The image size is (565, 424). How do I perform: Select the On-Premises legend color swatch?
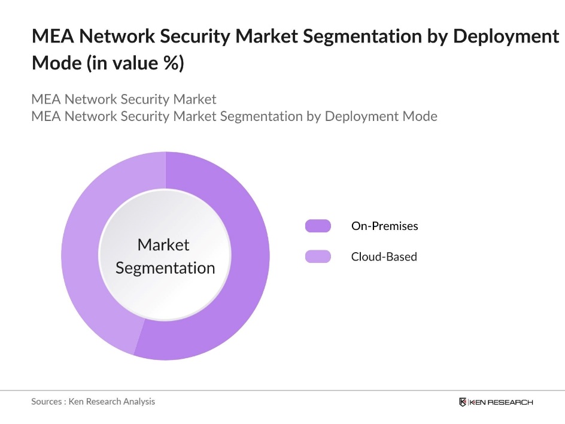(x=318, y=226)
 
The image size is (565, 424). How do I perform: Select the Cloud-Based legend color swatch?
(x=318, y=256)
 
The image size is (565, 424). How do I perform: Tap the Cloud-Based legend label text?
(x=384, y=256)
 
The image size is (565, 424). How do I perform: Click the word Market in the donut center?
(x=163, y=244)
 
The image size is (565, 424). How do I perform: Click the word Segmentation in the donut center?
(x=165, y=268)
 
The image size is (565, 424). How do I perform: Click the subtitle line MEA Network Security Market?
(x=124, y=99)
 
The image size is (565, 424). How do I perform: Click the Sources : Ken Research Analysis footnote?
(x=93, y=401)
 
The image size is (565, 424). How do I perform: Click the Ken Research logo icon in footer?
(x=463, y=402)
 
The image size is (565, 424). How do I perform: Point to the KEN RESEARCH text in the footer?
(x=501, y=402)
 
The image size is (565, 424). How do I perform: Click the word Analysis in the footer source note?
(x=138, y=401)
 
